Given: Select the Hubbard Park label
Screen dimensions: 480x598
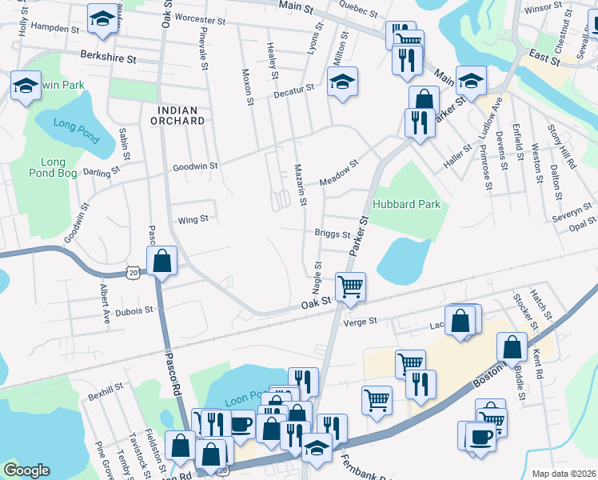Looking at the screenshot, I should click(406, 204).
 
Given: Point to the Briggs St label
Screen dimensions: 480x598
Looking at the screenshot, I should click(332, 234).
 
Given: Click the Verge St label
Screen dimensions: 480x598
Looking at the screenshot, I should click(359, 322).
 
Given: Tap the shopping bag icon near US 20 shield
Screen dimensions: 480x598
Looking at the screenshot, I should click(162, 261).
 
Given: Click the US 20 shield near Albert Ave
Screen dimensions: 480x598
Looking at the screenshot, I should click(132, 274).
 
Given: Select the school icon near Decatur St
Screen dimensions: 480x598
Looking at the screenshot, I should click(342, 82).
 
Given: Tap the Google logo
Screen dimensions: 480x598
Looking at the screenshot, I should click(26, 470).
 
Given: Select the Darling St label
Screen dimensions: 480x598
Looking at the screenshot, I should click(106, 170).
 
